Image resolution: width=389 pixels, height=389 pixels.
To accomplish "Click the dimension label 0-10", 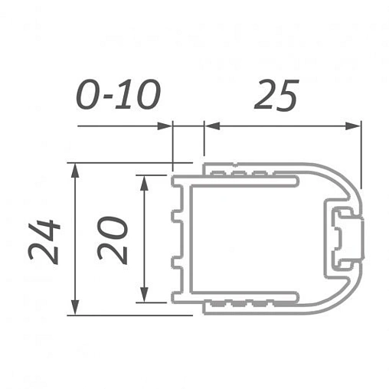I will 118,95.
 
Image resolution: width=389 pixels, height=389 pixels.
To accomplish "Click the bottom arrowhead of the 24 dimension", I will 75,308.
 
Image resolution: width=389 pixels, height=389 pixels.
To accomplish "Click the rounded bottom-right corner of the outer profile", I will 345,300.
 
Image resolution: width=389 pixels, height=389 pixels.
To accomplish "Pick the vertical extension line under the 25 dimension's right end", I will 360,157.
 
